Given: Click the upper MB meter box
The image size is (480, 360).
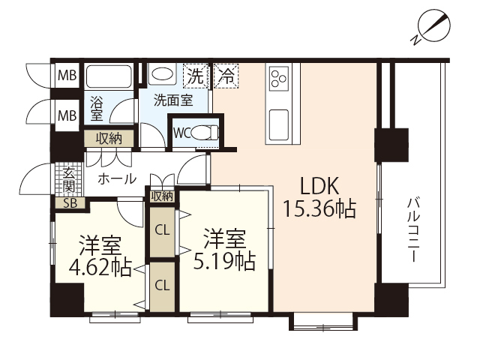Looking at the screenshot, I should [x=67, y=75].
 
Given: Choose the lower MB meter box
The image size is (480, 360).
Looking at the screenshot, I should [x=67, y=115].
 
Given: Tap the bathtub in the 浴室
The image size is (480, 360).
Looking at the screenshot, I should [x=109, y=76].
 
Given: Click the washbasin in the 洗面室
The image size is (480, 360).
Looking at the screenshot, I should [x=162, y=76].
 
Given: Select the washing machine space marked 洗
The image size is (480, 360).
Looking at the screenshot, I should [x=195, y=75].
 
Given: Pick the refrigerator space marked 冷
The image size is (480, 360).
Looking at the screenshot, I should [x=224, y=75].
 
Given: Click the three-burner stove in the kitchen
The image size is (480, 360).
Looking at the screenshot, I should [x=278, y=77].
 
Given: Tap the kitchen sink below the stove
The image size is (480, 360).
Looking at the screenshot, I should [x=278, y=120].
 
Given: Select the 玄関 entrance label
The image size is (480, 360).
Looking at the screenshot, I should [x=69, y=178].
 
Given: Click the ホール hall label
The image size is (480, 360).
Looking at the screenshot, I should [x=117, y=179].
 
